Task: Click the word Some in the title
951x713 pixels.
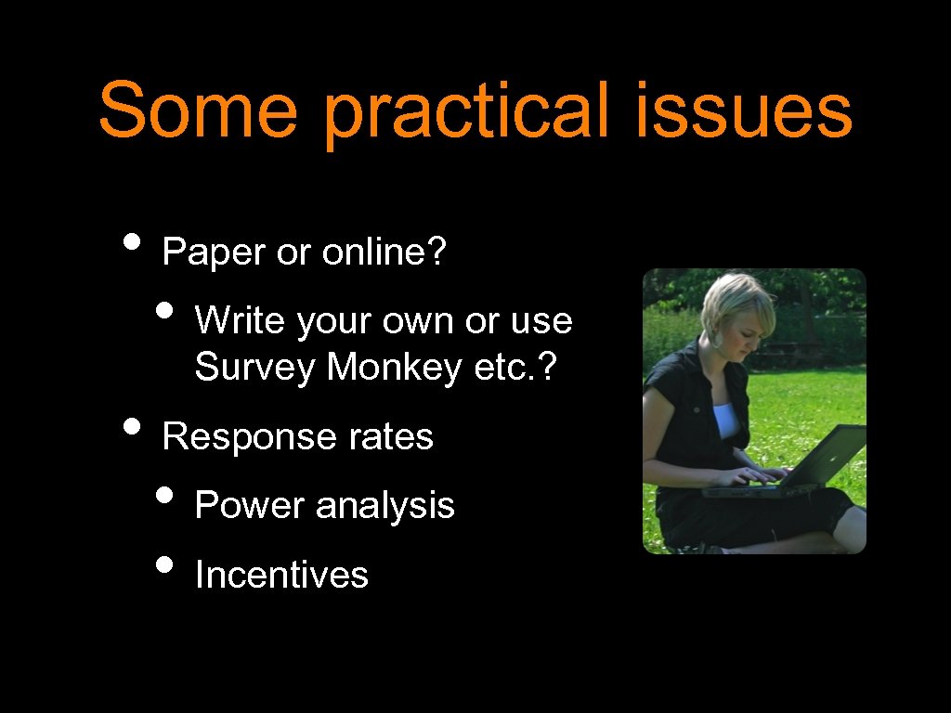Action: coord(197,110)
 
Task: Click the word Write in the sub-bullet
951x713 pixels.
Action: coord(241,320)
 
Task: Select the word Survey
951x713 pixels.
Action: coord(255,369)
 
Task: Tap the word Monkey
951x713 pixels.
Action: coord(395,369)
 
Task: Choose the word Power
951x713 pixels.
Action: coord(249,505)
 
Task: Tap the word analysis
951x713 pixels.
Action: coord(385,505)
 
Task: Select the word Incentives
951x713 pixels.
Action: coord(281,575)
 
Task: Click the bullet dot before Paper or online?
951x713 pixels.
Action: coord(134,245)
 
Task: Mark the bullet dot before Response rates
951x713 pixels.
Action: coord(134,429)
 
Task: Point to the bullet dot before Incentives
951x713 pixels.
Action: coord(167,567)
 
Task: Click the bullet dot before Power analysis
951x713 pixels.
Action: coord(167,498)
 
